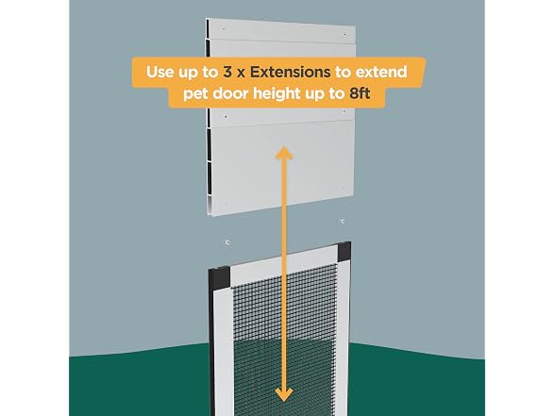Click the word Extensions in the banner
point(291,72)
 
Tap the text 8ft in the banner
point(360,93)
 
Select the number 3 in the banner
point(227,72)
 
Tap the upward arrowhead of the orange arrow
point(284,154)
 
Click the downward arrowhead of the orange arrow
point(284,394)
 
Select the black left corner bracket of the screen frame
point(219,278)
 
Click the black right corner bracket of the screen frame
point(344,252)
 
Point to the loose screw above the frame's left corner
point(227,242)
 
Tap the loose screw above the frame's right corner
point(343,222)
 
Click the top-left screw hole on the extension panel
point(224,28)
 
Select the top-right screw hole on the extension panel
point(345,34)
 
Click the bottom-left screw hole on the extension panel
point(226,205)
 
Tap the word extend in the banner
point(381,72)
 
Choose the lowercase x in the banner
point(241,74)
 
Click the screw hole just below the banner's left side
point(226,116)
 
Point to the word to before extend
point(343,73)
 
